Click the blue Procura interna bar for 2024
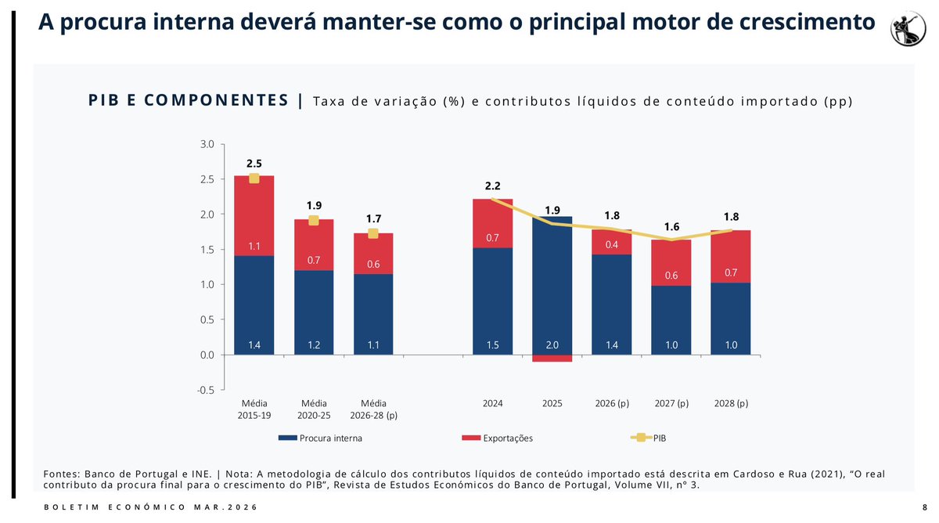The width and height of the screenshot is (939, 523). pyautogui.click(x=493, y=301)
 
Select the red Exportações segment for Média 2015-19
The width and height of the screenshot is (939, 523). pyautogui.click(x=254, y=215)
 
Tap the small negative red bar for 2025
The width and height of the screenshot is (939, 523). pyautogui.click(x=552, y=359)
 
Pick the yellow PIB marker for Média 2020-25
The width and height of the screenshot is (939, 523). pyautogui.click(x=313, y=220)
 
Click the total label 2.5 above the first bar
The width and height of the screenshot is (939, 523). pyautogui.click(x=254, y=164)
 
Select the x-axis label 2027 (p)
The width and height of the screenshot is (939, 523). pyautogui.click(x=671, y=403)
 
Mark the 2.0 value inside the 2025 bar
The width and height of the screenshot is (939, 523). pyautogui.click(x=552, y=345)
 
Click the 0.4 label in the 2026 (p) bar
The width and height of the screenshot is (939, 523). pyautogui.click(x=612, y=245)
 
